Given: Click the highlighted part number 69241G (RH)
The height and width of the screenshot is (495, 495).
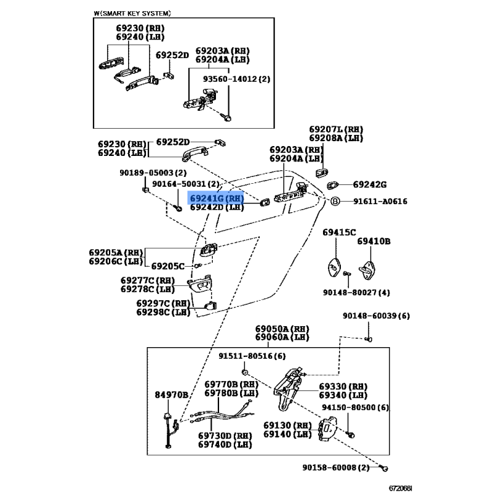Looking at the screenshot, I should (x=217, y=198).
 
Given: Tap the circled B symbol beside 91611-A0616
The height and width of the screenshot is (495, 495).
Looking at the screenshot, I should (x=334, y=201).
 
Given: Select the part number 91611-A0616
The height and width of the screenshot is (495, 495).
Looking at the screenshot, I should (x=381, y=201).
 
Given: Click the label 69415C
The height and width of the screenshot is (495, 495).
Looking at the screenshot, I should (x=339, y=232).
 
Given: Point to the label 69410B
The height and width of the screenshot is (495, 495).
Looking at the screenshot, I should (x=373, y=241).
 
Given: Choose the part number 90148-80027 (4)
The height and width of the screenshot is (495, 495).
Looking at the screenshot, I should (x=365, y=292).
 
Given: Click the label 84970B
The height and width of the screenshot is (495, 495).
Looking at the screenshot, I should (x=171, y=394).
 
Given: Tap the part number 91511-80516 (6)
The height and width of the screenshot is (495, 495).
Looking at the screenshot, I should (x=252, y=356).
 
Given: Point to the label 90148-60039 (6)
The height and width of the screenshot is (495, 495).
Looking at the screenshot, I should (x=376, y=316).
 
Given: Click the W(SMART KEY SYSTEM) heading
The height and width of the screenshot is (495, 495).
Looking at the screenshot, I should (x=132, y=13).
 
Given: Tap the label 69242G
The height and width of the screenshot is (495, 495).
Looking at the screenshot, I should (x=369, y=184).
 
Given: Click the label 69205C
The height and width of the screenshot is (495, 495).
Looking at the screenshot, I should (x=168, y=266).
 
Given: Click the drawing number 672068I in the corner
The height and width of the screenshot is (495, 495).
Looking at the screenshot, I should (x=398, y=488).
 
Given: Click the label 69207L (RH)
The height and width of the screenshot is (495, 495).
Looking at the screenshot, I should (x=336, y=129).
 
